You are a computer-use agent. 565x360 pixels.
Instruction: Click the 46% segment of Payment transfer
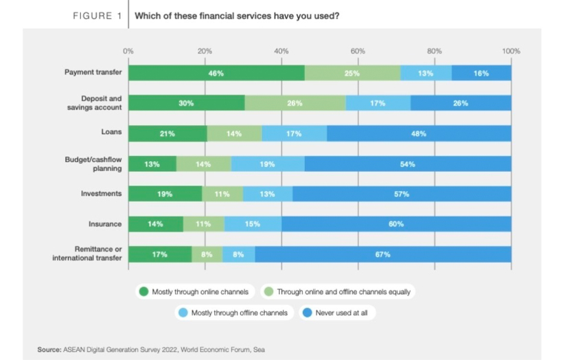click(216, 73)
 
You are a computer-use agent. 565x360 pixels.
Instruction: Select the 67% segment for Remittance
click(382, 254)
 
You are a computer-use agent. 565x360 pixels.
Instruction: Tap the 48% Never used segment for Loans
click(419, 133)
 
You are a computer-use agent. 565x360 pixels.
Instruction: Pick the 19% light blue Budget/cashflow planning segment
click(268, 164)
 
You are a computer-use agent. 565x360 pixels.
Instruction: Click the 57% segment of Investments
click(402, 194)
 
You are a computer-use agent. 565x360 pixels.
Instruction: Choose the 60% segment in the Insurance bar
click(396, 224)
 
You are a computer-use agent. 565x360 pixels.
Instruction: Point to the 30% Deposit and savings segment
click(186, 103)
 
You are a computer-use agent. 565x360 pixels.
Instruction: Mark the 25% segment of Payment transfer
click(352, 73)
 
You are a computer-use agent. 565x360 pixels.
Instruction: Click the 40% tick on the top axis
click(281, 51)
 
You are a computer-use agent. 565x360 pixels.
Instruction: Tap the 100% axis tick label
click(511, 51)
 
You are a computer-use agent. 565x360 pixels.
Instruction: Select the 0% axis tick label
click(128, 51)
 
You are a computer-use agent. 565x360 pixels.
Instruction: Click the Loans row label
click(111, 133)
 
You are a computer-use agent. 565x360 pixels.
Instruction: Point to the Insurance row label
click(104, 224)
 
